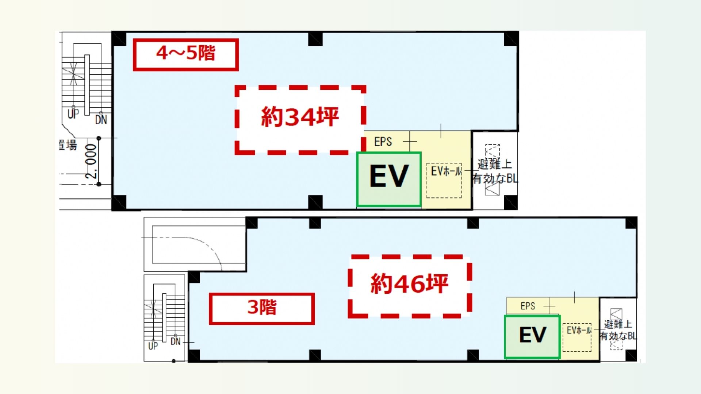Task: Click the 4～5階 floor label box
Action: click(x=185, y=54)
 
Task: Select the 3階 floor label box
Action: click(x=261, y=308)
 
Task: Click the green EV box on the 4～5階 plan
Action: click(x=389, y=179)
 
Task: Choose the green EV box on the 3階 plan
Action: click(x=532, y=336)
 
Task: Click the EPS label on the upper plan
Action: click(x=383, y=142)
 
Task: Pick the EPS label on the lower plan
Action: click(x=528, y=306)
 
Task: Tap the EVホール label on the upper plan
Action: click(x=446, y=171)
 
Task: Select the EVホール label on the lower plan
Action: click(x=579, y=331)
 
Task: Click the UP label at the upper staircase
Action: click(x=73, y=114)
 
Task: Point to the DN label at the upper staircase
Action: click(x=101, y=120)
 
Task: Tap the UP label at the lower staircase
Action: click(x=153, y=346)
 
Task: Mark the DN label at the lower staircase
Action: click(x=176, y=341)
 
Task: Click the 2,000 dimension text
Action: click(x=91, y=161)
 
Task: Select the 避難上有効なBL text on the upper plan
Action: click(x=495, y=171)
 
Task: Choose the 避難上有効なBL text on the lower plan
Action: click(x=618, y=330)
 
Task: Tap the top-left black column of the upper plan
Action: click(x=119, y=39)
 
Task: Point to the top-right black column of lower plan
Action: click(x=631, y=223)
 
